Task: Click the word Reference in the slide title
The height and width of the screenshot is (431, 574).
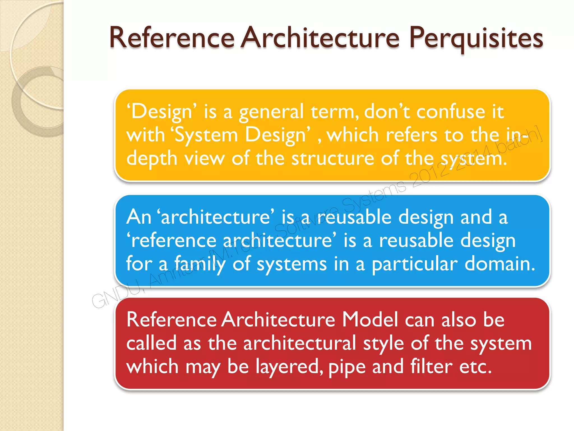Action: click(172, 38)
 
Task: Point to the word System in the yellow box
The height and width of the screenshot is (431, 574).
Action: click(206, 135)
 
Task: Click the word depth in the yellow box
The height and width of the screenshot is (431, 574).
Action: click(152, 159)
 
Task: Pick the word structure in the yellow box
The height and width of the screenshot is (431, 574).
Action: click(332, 159)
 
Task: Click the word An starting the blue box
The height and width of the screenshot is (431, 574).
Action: click(138, 217)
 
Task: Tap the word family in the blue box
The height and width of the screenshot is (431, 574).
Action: click(200, 264)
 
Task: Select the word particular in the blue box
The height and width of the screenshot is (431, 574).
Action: click(415, 264)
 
